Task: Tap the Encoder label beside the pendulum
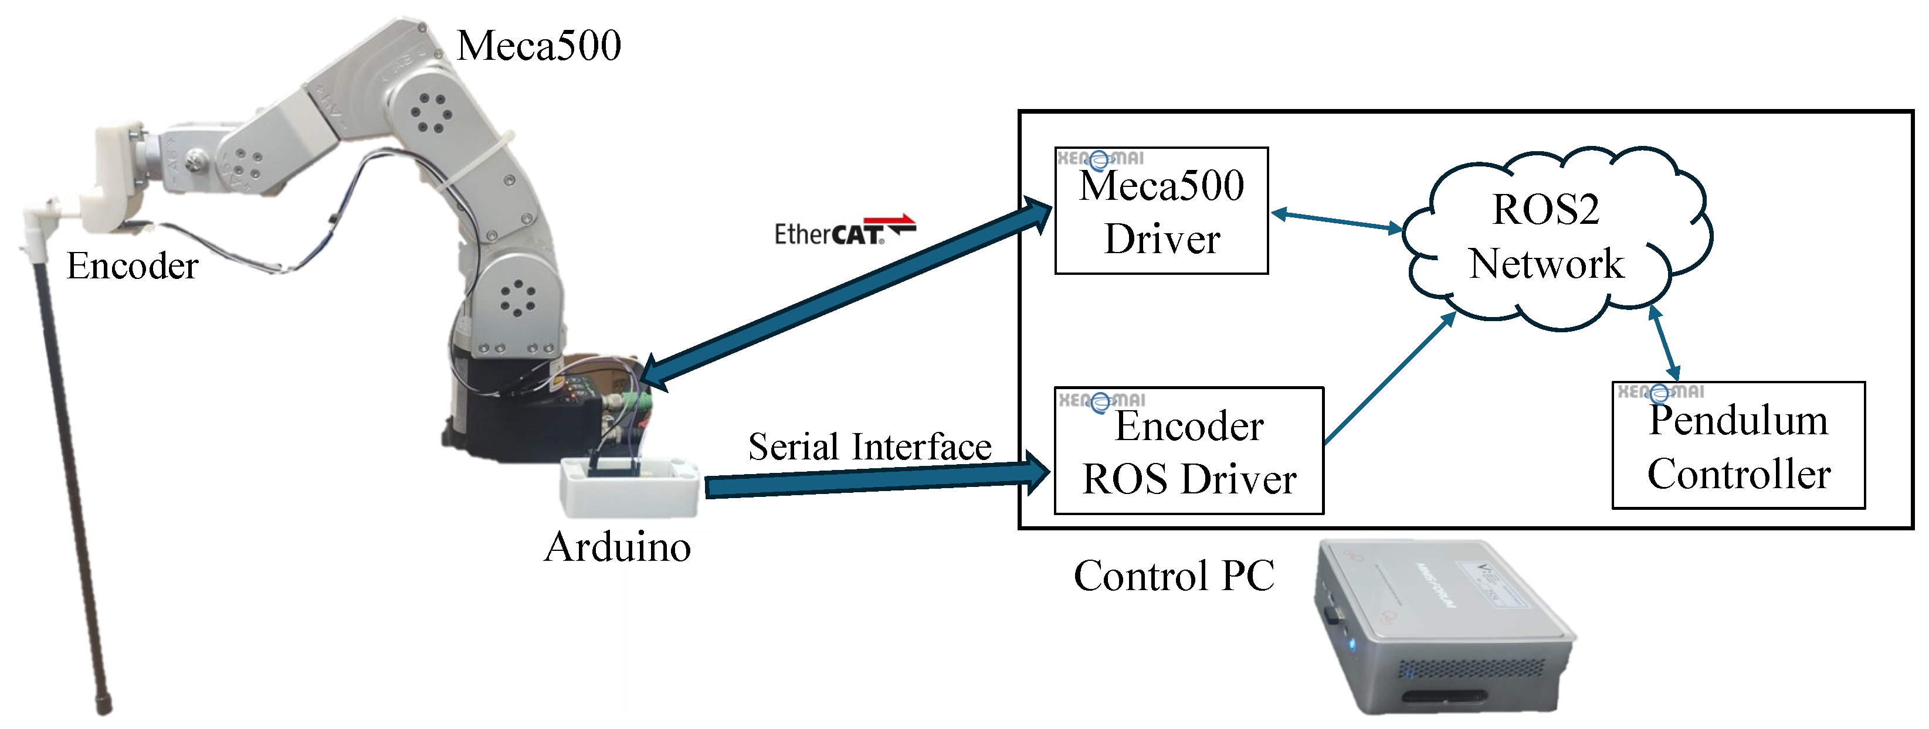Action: click(133, 265)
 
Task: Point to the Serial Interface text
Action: click(869, 447)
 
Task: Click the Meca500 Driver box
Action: click(1161, 212)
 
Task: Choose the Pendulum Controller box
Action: click(1737, 447)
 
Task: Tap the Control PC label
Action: click(1174, 575)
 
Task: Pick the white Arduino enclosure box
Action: click(629, 490)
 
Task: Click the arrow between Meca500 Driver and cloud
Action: click(1337, 221)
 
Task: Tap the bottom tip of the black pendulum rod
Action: click(104, 707)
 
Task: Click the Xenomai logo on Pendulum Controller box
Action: click(1660, 392)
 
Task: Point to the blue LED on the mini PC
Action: click(1352, 645)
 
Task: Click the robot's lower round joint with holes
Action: click(517, 297)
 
